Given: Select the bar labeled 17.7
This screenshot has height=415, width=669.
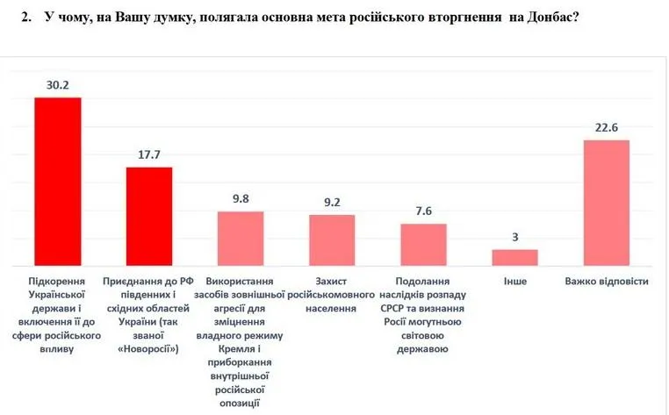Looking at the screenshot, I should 149,216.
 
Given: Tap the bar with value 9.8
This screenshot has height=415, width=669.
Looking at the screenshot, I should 241,238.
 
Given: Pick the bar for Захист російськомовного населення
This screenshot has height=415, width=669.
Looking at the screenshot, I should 332,240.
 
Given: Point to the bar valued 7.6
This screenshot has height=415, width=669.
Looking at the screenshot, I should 423,244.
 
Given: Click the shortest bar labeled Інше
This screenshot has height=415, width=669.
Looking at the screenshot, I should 514,257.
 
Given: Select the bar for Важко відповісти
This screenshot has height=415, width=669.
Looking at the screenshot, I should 607,202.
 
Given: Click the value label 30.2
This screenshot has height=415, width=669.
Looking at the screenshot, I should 58,84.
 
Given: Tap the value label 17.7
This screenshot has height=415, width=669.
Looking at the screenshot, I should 149,154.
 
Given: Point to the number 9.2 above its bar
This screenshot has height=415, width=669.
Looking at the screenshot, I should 332,202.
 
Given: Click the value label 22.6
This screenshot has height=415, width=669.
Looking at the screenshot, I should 607,127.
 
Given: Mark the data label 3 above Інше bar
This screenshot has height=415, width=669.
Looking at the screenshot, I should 514,238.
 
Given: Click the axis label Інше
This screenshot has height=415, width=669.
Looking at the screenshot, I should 514,283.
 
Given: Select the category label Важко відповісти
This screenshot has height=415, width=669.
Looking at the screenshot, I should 607,283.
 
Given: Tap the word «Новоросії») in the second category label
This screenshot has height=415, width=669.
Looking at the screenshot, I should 149,348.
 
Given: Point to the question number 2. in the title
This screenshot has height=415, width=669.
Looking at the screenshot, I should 26,18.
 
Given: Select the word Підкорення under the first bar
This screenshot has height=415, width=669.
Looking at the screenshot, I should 58,283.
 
